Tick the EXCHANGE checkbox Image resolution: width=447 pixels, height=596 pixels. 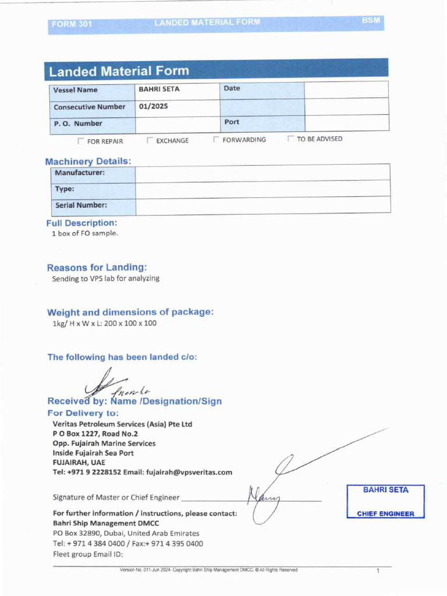coord(150,140)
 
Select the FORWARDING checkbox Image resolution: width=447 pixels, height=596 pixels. coord(216,140)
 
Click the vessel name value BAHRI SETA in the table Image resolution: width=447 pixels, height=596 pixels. coord(159,89)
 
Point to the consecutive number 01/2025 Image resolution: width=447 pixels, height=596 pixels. coord(153,107)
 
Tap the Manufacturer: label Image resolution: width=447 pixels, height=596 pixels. coord(80,173)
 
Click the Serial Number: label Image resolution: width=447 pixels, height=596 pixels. coord(81,205)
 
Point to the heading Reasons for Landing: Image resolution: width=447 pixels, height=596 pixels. coord(97,268)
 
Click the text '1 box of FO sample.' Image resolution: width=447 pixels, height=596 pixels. coord(85,233)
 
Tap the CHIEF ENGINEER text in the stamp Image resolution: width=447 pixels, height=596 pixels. coord(385,514)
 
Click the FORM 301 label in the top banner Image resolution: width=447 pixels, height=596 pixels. coord(72,24)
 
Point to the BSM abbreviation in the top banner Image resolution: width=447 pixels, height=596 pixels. coord(370,20)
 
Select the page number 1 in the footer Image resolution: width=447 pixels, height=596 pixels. coord(377,571)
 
